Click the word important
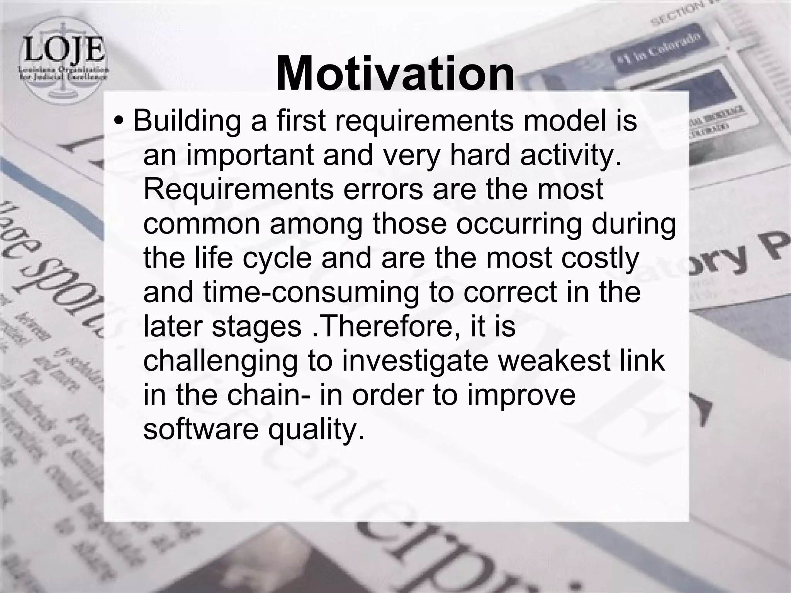click(251, 155)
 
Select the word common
click(201, 224)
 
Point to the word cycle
click(277, 258)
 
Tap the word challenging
click(221, 361)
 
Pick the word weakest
click(544, 360)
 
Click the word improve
click(521, 395)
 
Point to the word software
click(201, 428)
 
